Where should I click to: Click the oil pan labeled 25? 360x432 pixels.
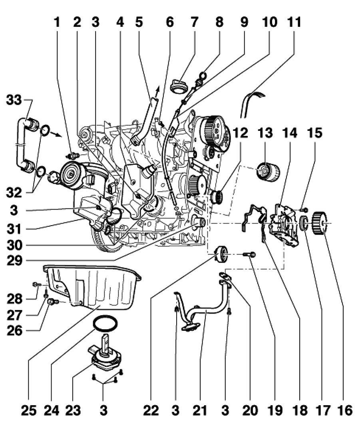coord(100,288)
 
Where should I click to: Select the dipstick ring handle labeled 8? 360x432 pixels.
coord(203,74)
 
